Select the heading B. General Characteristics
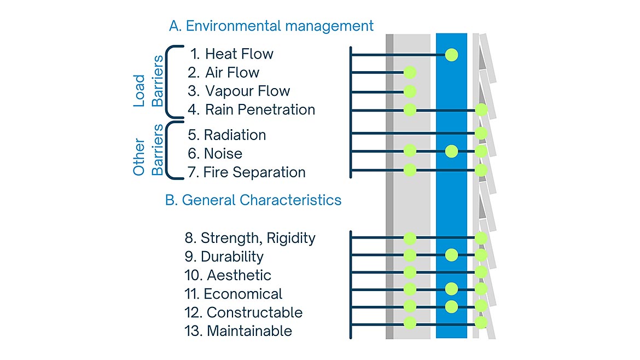pyautogui.click(x=253, y=200)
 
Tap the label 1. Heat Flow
pyautogui.click(x=231, y=54)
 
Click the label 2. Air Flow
pyautogui.click(x=223, y=72)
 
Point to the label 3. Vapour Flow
pyautogui.click(x=238, y=91)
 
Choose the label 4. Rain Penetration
pyautogui.click(x=251, y=109)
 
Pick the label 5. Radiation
pyautogui.click(x=227, y=135)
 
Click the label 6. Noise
pyautogui.click(x=215, y=154)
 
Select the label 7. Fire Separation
pyautogui.click(x=247, y=172)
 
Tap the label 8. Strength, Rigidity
pyautogui.click(x=251, y=238)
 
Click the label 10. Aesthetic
pyautogui.click(x=228, y=275)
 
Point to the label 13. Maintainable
pyautogui.click(x=238, y=331)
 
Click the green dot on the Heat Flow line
pyautogui.click(x=451, y=54)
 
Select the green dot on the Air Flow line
pyautogui.click(x=410, y=72)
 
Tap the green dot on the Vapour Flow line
pyautogui.click(x=410, y=91)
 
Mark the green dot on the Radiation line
pyautogui.click(x=481, y=133)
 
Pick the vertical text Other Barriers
pyautogui.click(x=148, y=150)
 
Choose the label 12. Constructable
pyautogui.click(x=243, y=312)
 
